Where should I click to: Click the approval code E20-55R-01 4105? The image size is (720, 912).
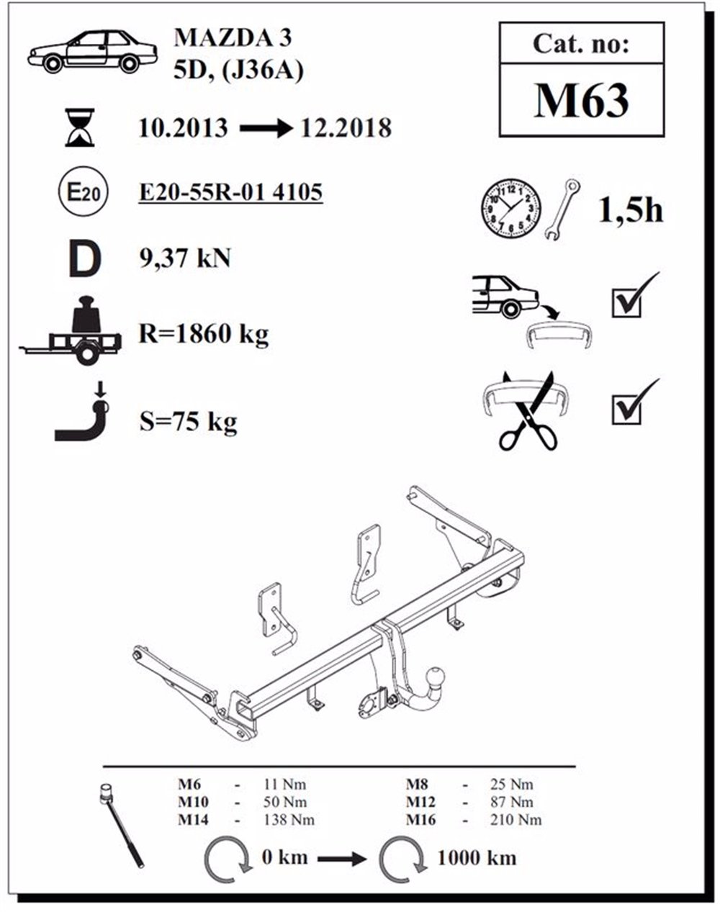coord(230,193)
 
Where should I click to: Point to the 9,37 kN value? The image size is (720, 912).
coord(185,258)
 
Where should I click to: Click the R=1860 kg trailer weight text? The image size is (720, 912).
coord(203,334)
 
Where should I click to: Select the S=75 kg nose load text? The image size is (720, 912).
coord(188,421)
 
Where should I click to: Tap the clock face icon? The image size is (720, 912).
coord(510,208)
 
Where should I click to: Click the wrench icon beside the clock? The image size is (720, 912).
coord(564,209)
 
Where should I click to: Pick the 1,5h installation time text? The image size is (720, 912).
coord(630,210)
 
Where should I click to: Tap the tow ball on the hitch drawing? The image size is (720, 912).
coord(437,678)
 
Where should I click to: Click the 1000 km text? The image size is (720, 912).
coord(476,857)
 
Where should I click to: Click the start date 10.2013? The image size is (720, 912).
coord(183,129)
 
